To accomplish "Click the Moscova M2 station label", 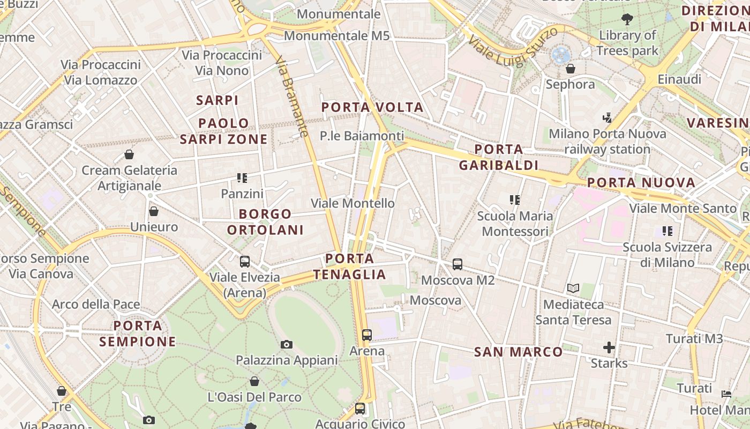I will tap(457, 280).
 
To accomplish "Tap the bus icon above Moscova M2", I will tap(457, 264).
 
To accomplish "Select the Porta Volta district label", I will tap(372, 107).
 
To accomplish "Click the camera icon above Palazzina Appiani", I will tap(287, 344).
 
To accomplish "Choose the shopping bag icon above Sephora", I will tap(571, 69).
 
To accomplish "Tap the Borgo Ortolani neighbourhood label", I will tap(265, 222).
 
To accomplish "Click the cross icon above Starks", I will tap(609, 347).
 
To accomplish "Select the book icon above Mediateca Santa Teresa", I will tap(573, 289).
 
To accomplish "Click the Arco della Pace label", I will tap(96, 305).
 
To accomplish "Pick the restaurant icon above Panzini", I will tap(242, 177).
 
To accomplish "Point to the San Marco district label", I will tap(519, 352).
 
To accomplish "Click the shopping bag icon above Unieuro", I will tap(154, 211).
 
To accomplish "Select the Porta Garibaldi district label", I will tap(498, 157).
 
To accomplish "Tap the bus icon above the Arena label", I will tap(367, 335).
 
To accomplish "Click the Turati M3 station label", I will tap(694, 338).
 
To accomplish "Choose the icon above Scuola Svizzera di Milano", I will tap(667, 231).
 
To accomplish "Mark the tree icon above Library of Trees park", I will tap(627, 19).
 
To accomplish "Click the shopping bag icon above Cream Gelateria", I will tap(129, 154).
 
